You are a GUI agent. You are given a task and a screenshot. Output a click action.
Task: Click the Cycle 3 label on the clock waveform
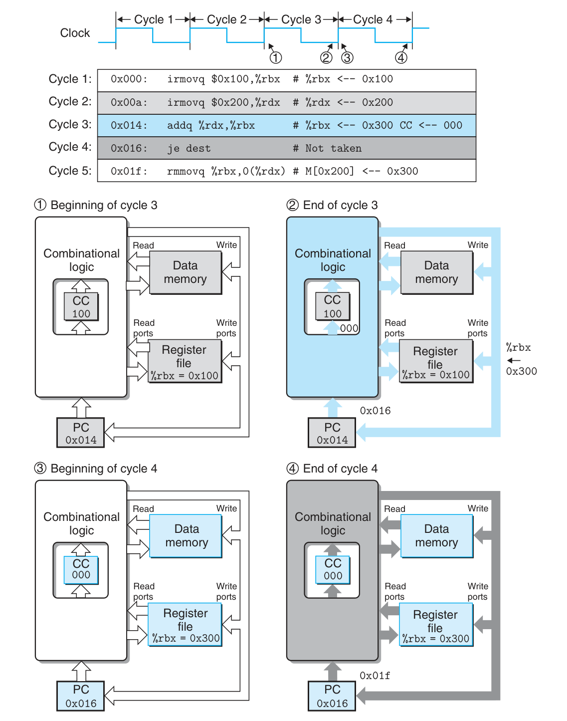point(301,19)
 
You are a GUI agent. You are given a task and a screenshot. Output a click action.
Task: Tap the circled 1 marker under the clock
point(276,58)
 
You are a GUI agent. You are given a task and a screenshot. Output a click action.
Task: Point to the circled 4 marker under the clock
point(401,58)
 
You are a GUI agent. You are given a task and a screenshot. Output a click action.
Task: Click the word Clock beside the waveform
point(75,33)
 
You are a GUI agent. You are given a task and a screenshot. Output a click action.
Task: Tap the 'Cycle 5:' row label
point(70,171)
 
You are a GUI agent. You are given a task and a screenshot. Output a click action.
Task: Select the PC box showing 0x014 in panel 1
point(81,433)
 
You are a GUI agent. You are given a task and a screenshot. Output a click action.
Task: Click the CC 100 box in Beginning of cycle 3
point(81,307)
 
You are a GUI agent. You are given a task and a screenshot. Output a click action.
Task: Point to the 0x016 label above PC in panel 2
point(375,411)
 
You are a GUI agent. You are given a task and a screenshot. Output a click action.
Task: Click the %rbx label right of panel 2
point(519,348)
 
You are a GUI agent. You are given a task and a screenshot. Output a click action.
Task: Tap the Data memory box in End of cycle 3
point(436,272)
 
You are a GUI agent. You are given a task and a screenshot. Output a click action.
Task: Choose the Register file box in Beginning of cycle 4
point(185,625)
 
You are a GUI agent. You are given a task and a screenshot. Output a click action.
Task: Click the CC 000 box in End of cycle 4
point(333,569)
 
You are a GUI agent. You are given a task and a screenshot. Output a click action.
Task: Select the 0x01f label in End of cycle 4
point(375,676)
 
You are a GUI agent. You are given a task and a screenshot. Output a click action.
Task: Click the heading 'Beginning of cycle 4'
point(104,469)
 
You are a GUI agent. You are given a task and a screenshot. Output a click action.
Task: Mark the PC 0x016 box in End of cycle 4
point(332,696)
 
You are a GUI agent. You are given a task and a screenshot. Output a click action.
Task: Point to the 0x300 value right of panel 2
point(521,371)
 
